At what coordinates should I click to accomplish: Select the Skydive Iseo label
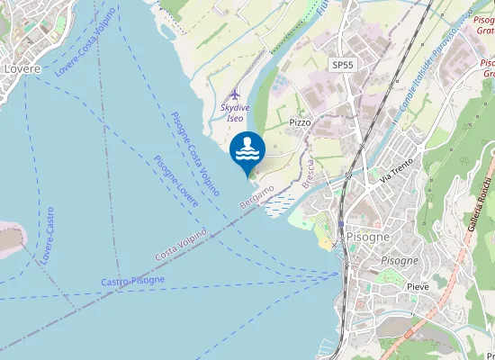[x=232, y=112]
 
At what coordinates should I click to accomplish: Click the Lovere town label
[x=21, y=67]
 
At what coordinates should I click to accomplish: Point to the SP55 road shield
[x=342, y=66]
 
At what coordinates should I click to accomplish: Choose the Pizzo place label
[x=301, y=121]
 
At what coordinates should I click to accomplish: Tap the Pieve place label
[x=418, y=286]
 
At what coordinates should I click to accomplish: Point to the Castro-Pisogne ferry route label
[x=133, y=282]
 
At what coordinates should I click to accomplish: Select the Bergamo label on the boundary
[x=255, y=195]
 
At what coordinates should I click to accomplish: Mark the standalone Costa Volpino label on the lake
[x=181, y=245]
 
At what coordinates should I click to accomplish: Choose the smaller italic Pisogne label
[x=400, y=260]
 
